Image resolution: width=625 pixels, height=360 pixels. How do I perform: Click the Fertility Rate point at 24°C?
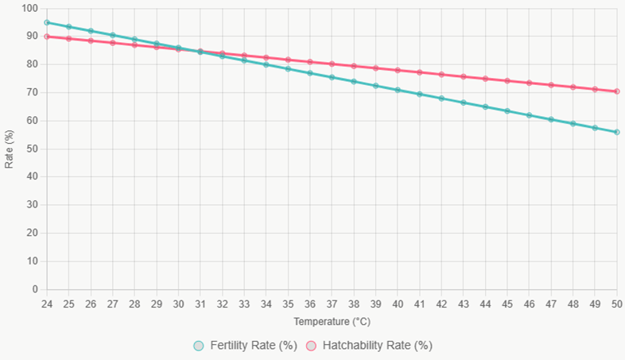tap(47, 22)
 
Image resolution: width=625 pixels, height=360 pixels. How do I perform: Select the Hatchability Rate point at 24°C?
tap(47, 37)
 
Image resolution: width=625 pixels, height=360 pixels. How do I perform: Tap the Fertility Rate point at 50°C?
tap(617, 132)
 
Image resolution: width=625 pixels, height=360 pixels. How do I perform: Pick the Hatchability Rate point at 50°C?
tap(617, 91)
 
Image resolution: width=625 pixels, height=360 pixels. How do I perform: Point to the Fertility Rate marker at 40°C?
tap(398, 90)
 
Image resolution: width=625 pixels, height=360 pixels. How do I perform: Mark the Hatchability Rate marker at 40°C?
tap(398, 70)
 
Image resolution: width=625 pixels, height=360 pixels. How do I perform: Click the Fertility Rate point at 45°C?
tap(507, 110)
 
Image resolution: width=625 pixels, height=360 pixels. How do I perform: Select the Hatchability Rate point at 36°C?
tap(310, 61)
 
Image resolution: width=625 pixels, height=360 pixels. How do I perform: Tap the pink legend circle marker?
tap(312, 346)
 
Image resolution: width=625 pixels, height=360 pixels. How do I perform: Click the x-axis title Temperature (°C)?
tap(332, 322)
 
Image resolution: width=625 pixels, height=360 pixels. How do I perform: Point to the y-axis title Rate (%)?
tap(9, 149)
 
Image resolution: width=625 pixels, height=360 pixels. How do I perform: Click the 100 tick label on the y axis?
tap(31, 8)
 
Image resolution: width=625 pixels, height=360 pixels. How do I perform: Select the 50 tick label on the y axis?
tap(33, 149)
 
